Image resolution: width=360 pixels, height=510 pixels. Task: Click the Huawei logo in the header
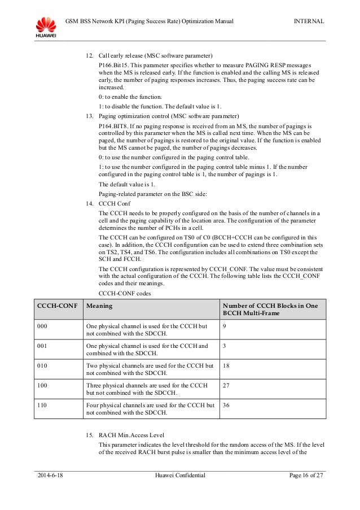pyautogui.click(x=46, y=27)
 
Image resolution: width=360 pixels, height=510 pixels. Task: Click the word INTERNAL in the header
pyautogui.click(x=309, y=21)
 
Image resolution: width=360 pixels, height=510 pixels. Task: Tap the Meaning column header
pyautogui.click(x=98, y=306)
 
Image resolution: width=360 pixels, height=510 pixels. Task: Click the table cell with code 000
pyautogui.click(x=42, y=326)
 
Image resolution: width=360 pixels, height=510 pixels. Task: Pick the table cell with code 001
pyautogui.click(x=42, y=346)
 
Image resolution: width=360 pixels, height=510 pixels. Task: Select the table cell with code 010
pyautogui.click(x=42, y=365)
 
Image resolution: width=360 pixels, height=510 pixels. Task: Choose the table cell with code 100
pyautogui.click(x=42, y=385)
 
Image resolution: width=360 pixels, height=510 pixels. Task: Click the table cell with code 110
pyautogui.click(x=42, y=405)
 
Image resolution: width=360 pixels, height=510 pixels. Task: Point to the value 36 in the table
pyautogui.click(x=227, y=405)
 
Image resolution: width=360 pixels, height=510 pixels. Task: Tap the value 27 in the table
pyautogui.click(x=227, y=385)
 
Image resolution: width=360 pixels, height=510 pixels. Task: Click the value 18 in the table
pyautogui.click(x=227, y=365)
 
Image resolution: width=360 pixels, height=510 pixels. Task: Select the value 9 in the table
pyautogui.click(x=225, y=326)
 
